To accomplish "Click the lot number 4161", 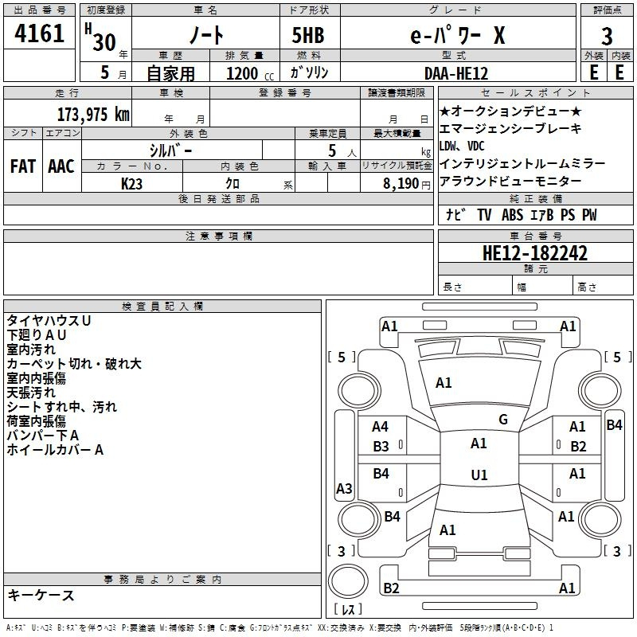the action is click(39, 33).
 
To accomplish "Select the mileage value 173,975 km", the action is click(93, 114).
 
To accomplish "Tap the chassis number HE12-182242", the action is click(534, 253).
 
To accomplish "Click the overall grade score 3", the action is click(607, 36).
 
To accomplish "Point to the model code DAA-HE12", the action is click(455, 73).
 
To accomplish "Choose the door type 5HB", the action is click(308, 35).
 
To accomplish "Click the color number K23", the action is click(131, 184).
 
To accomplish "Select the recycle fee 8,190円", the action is click(406, 184).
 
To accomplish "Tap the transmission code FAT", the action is click(23, 166).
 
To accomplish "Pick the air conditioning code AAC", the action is click(61, 166).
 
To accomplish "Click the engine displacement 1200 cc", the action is click(250, 73).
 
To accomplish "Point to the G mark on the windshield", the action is click(503, 420).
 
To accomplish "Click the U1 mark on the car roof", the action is click(479, 475).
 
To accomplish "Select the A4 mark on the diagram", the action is click(380, 427).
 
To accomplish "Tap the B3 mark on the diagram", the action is click(381, 447).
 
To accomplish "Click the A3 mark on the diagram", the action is click(344, 488).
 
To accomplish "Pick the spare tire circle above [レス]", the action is click(348, 580).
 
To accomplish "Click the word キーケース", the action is click(41, 595).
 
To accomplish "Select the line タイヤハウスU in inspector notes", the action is click(49, 321).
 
